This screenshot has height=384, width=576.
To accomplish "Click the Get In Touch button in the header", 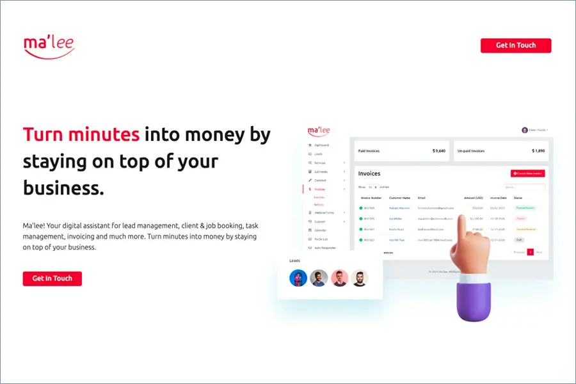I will pyautogui.click(x=515, y=45).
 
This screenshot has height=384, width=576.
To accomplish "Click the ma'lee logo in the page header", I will pyautogui.click(x=49, y=47).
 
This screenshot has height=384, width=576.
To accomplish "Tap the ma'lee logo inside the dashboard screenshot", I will pyautogui.click(x=319, y=131).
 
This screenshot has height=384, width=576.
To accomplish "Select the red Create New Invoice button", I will pyautogui.click(x=527, y=173).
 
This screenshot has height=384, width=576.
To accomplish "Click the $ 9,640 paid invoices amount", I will pyautogui.click(x=438, y=151).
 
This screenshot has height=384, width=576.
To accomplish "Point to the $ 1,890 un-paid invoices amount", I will pyautogui.click(x=538, y=151).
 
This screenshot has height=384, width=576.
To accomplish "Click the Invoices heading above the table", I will pyautogui.click(x=369, y=173).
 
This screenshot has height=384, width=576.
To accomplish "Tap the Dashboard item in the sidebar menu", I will pyautogui.click(x=321, y=145).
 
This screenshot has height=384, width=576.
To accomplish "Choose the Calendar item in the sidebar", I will pyautogui.click(x=320, y=230).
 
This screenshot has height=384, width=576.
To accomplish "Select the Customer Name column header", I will pyautogui.click(x=399, y=198).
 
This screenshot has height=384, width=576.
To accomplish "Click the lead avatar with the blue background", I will pyautogui.click(x=298, y=278).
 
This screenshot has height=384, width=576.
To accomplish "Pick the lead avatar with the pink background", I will pyautogui.click(x=340, y=278).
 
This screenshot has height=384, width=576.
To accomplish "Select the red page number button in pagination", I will pyautogui.click(x=530, y=252).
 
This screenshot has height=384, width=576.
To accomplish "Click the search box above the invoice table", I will pyautogui.click(x=524, y=188).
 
